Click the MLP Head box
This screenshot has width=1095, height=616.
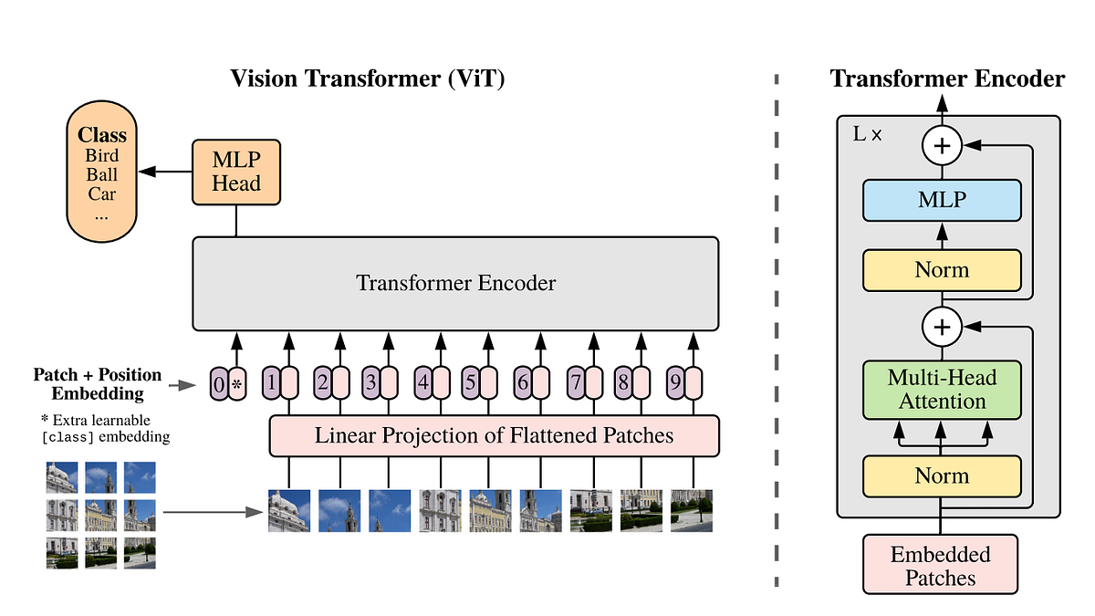pyautogui.click(x=236, y=172)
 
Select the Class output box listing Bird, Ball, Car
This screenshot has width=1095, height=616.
pyautogui.click(x=102, y=173)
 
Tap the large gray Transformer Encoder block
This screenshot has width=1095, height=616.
pyautogui.click(x=455, y=283)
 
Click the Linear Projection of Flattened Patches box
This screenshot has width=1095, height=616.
pyautogui.click(x=494, y=435)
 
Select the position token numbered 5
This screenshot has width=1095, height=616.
pyautogui.click(x=470, y=384)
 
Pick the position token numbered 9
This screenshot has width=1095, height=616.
pyautogui.click(x=674, y=384)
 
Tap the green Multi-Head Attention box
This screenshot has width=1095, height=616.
pyautogui.click(x=943, y=390)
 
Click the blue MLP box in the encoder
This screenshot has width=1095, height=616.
pyautogui.click(x=942, y=200)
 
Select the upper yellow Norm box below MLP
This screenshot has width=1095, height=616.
pyautogui.click(x=942, y=270)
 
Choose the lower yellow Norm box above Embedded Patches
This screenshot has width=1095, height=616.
pyautogui.click(x=942, y=475)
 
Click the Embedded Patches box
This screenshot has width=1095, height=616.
pyautogui.click(x=940, y=566)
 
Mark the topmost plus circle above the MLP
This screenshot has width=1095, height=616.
pyautogui.click(x=942, y=145)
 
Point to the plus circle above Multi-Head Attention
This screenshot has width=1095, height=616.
pyautogui.click(x=942, y=326)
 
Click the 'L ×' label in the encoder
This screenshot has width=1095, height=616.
pyautogui.click(x=867, y=134)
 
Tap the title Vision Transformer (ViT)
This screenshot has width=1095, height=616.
pyautogui.click(x=368, y=78)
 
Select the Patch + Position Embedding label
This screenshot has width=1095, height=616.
pyautogui.click(x=98, y=384)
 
